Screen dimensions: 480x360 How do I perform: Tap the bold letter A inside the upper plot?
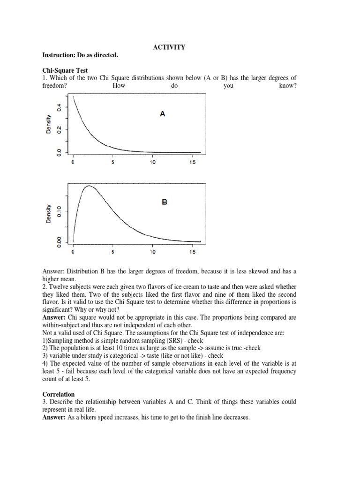[x=162, y=113]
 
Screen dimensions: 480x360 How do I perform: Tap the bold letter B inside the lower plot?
[x=165, y=202]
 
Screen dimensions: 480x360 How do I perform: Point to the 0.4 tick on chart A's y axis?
[x=59, y=107]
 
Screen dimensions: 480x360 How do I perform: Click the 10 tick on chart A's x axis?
[x=152, y=162]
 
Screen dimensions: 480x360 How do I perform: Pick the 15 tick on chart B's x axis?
[x=193, y=251]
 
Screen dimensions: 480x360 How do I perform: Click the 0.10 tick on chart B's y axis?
[x=59, y=211]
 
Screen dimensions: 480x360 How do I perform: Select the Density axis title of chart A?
[x=49, y=126]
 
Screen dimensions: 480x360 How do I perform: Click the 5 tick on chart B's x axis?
[x=112, y=251]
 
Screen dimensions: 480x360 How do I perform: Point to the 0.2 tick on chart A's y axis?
[x=59, y=129]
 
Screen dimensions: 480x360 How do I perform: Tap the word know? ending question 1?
[x=288, y=86]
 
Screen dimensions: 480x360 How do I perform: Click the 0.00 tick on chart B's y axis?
[x=59, y=241]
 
